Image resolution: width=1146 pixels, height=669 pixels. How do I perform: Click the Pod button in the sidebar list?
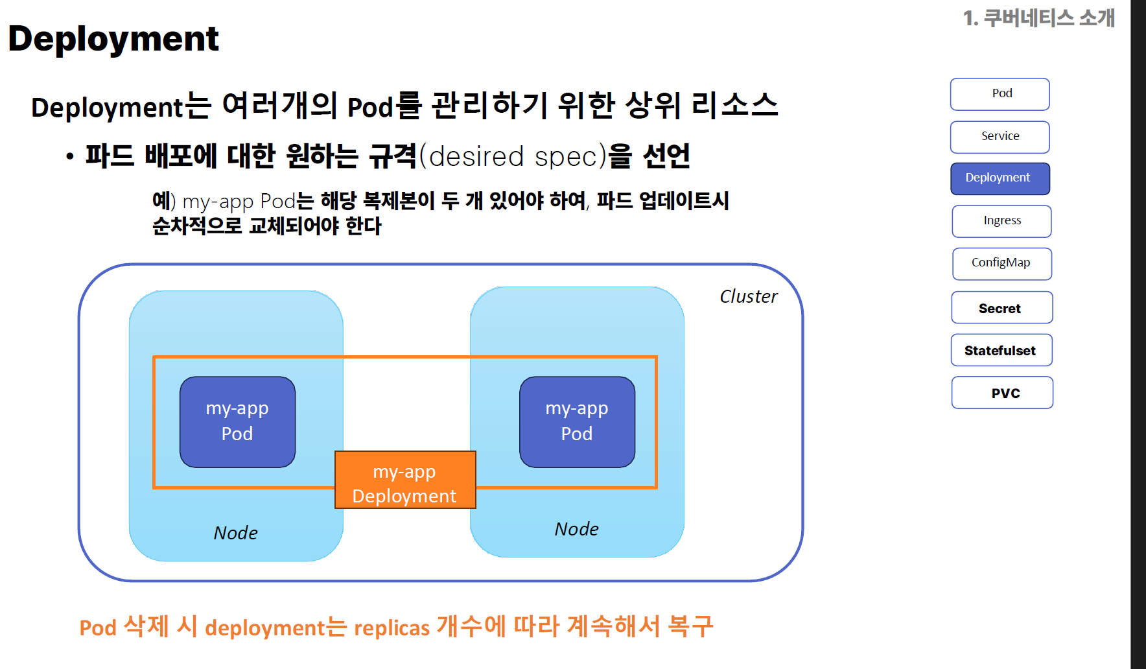[x=1000, y=95]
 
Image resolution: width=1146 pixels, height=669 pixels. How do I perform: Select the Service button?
[x=1000, y=137]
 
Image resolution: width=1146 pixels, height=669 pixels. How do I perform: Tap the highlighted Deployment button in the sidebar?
[x=1000, y=178]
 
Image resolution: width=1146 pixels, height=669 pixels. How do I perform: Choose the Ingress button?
[x=1001, y=221]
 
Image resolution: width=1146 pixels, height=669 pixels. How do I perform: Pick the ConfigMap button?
[x=1001, y=264]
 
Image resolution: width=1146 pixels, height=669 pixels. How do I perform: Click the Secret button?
[x=1001, y=307]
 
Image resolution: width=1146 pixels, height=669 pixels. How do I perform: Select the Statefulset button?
[x=1001, y=350]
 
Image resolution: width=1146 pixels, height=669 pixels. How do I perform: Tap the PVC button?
[x=1002, y=392]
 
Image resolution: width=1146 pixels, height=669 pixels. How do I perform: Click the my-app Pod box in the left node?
[x=237, y=422]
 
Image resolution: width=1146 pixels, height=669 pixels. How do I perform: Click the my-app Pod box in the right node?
[x=577, y=422]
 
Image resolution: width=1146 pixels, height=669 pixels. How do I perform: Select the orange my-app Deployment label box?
[x=405, y=480]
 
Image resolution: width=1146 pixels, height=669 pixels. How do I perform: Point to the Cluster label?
[x=748, y=296]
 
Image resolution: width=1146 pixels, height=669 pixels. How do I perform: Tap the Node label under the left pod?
[x=236, y=533]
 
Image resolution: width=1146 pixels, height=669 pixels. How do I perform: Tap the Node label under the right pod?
[x=576, y=529]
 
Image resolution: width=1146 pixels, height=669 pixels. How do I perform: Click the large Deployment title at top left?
[x=113, y=39]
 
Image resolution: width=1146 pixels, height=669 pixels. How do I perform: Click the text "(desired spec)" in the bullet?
[x=513, y=156]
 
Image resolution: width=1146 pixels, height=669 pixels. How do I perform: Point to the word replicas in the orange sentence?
[x=392, y=628]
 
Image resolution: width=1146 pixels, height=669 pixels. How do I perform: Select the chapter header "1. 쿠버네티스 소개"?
[x=1039, y=18]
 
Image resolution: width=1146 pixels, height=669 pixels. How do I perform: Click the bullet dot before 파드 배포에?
[x=70, y=156]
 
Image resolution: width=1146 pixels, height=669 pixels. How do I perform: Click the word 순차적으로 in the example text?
[x=197, y=226]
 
